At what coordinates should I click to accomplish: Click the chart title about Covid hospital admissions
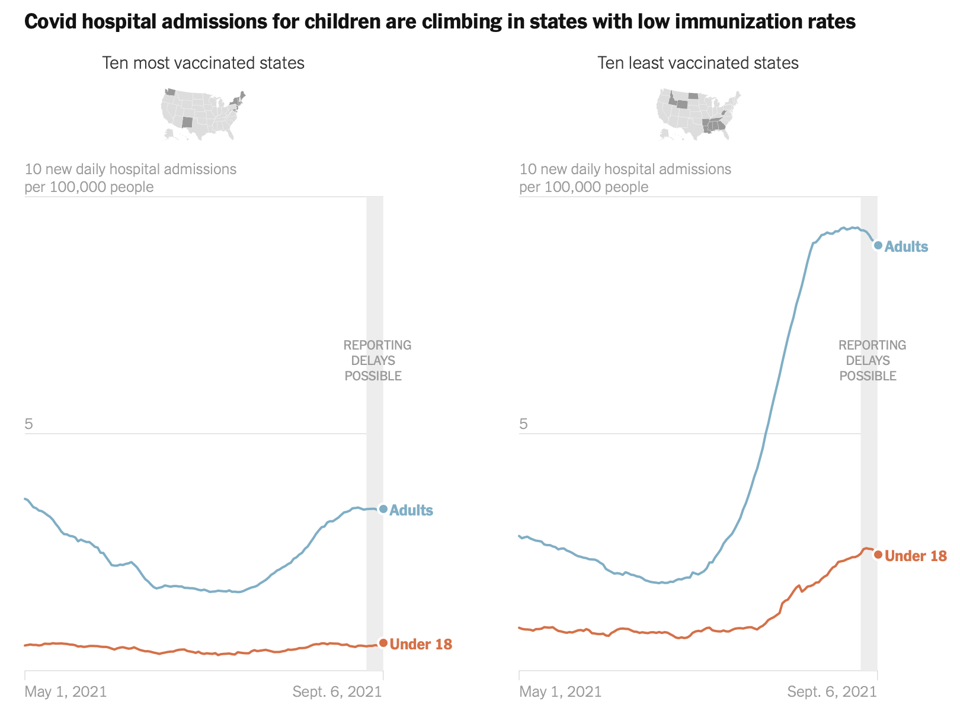pos(440,22)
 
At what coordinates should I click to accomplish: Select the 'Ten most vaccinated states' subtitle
pos(203,63)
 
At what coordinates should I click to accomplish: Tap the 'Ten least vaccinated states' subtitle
pos(697,63)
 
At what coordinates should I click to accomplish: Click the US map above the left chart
pos(203,114)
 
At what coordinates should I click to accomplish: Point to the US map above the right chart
pos(698,114)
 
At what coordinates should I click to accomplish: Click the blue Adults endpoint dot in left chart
pos(383,509)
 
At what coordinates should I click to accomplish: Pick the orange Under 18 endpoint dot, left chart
pos(383,643)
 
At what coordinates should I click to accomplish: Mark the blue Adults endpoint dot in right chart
pos(878,245)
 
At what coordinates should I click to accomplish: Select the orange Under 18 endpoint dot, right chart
pos(878,555)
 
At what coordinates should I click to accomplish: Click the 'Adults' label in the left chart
pos(411,510)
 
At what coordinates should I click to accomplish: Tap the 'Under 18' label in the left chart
pos(421,644)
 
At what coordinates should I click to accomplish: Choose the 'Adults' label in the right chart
pos(906,246)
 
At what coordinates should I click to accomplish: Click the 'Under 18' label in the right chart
pos(916,556)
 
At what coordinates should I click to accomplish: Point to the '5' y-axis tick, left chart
pos(28,424)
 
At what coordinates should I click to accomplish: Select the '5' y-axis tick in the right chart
pos(523,424)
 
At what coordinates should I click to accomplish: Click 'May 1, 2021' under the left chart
pos(66,691)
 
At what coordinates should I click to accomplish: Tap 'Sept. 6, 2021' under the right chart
pos(832,691)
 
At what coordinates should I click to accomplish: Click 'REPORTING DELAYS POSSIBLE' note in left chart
pos(376,360)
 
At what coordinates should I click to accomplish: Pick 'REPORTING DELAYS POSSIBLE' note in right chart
pos(871,360)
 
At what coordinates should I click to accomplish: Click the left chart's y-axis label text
pos(130,178)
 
